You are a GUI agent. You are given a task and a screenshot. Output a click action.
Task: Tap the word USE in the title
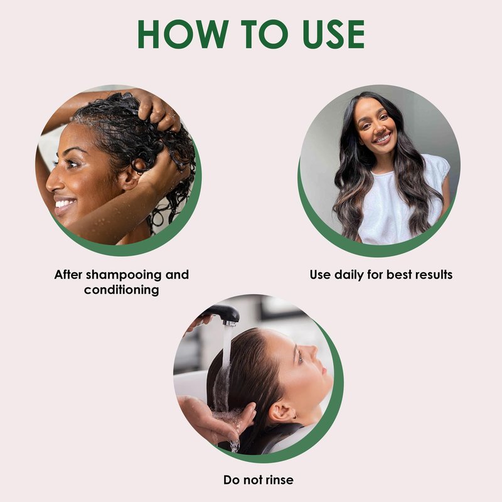[x=333, y=34]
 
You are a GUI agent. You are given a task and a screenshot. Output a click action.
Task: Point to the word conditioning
[x=121, y=290]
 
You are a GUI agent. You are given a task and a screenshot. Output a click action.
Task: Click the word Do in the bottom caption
[x=231, y=480]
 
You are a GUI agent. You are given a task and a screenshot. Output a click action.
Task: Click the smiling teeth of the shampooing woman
[x=65, y=203]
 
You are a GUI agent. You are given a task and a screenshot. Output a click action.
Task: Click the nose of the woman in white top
[x=378, y=127]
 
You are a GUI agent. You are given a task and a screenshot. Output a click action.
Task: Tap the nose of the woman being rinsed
[x=311, y=350]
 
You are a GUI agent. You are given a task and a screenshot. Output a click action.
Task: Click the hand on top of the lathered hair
[x=158, y=109]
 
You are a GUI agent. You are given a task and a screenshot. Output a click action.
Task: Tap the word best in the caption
[x=398, y=275]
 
